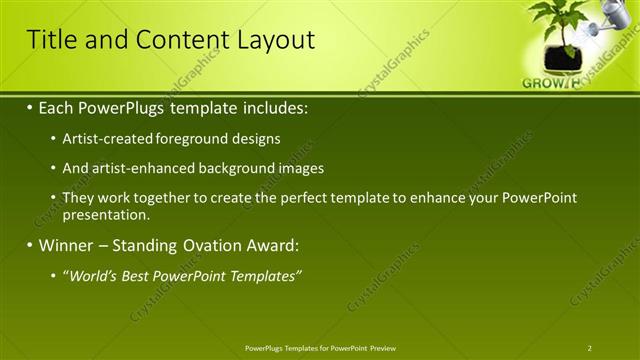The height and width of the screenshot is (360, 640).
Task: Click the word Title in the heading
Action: [49, 40]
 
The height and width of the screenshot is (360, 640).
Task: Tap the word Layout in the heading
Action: [275, 40]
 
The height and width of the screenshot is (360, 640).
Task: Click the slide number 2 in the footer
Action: [590, 348]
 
